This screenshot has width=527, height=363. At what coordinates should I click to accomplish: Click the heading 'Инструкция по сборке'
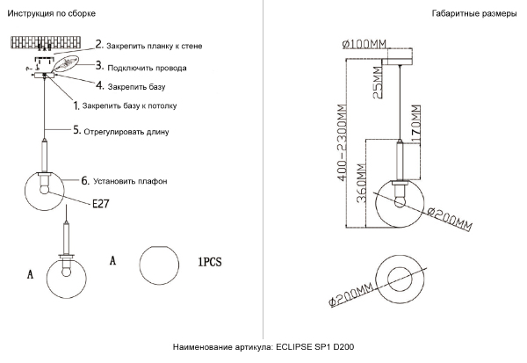[52, 13]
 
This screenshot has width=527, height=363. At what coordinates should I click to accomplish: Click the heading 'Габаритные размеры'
[474, 13]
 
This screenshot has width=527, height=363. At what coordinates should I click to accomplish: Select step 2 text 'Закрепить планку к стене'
[155, 46]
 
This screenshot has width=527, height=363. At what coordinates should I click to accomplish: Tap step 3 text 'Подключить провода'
[147, 68]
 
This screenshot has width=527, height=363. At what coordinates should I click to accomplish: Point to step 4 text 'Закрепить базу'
[136, 87]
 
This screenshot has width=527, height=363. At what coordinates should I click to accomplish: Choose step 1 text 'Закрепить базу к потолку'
[129, 106]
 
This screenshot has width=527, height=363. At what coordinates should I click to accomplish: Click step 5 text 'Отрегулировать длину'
[126, 132]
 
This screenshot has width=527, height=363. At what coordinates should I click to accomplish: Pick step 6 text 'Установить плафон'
[130, 181]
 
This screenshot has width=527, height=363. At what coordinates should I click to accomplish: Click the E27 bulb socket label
[100, 204]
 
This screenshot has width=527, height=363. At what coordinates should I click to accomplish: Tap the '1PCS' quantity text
[210, 262]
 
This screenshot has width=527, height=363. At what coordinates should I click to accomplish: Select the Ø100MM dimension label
[365, 44]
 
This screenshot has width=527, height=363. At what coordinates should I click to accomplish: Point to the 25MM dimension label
[378, 83]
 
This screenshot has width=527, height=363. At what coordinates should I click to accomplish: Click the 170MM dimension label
[415, 124]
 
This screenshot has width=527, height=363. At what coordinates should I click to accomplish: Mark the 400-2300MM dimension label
[342, 142]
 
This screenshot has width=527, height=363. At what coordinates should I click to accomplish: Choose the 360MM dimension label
[361, 184]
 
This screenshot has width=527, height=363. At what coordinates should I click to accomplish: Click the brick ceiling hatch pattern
[46, 43]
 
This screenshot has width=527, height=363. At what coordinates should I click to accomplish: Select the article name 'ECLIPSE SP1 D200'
[315, 347]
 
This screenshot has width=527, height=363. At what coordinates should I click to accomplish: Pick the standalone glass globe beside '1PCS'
[159, 265]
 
